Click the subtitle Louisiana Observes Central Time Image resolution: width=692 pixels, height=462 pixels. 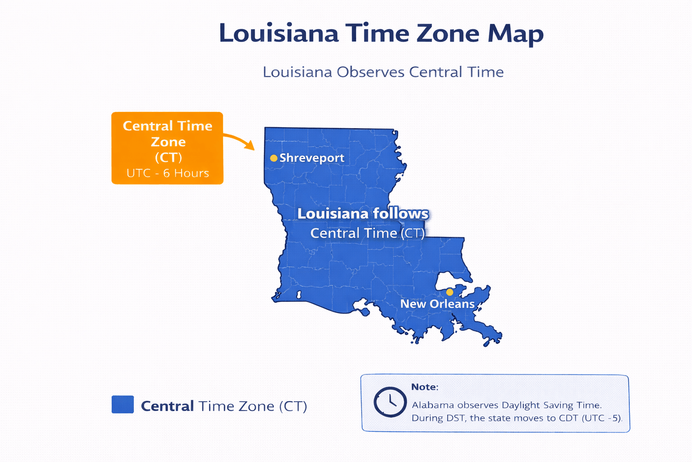[x=383, y=72]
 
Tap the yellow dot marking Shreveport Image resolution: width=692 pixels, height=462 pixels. [x=273, y=158]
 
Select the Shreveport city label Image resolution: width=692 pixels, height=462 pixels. [x=312, y=158]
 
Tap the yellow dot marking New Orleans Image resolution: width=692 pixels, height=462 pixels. [x=450, y=292]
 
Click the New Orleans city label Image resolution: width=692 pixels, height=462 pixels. [x=437, y=304]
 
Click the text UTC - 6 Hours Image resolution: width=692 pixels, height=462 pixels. [x=168, y=173]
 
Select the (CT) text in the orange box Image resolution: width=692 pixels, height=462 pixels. [x=168, y=157]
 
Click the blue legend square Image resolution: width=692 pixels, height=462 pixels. [x=123, y=404]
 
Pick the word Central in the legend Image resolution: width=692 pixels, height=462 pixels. [x=167, y=406]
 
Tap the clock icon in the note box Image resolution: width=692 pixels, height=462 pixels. [x=390, y=402]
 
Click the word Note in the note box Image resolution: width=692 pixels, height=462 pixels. [x=424, y=387]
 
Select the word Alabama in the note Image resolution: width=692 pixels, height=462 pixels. [x=432, y=405]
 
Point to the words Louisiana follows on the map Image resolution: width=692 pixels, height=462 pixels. [x=363, y=213]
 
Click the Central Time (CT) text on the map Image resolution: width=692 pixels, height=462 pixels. [x=367, y=233]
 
